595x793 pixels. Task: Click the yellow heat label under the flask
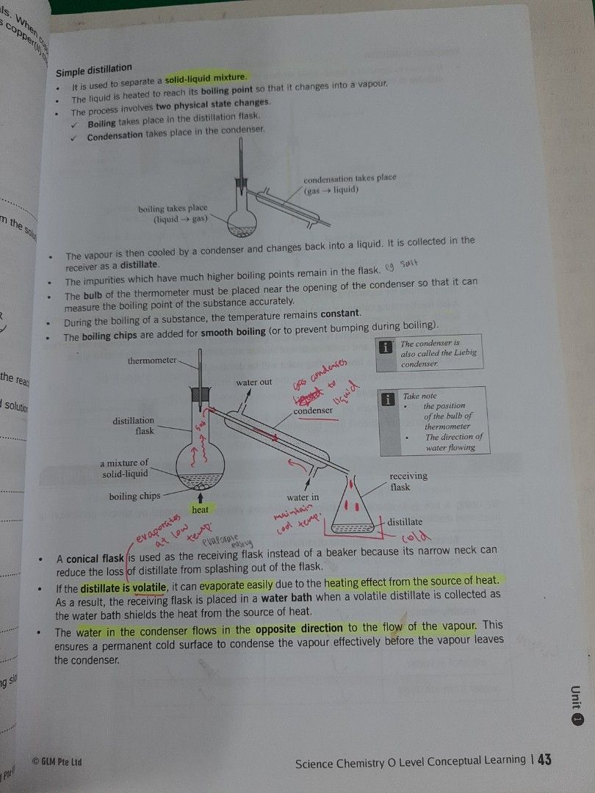point(200,509)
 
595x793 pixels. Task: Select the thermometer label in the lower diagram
point(152,361)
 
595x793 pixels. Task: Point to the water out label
point(254,382)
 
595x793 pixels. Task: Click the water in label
point(303,497)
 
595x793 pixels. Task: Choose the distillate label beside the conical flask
point(405,522)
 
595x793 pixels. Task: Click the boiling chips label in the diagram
point(134,496)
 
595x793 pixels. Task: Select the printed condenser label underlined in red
point(314,411)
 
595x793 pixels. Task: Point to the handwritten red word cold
point(414,538)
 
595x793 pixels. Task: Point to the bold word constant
point(336,314)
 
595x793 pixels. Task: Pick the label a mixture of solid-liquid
point(124,468)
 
